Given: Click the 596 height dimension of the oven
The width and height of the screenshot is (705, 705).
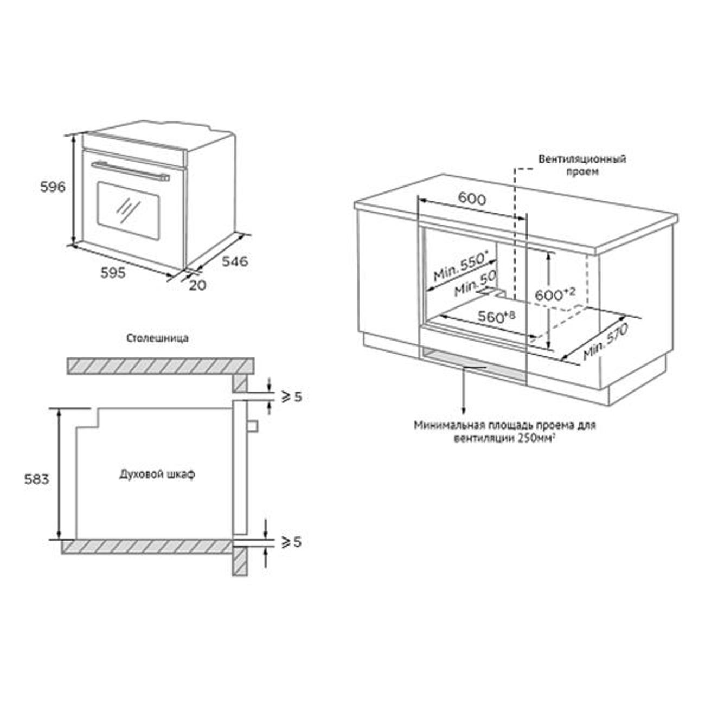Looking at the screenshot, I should click(x=53, y=187).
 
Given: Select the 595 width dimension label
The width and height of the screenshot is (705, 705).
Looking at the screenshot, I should click(x=113, y=273).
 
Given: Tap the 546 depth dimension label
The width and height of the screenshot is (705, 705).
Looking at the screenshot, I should click(x=234, y=261).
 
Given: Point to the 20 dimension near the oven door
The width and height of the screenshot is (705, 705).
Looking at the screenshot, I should click(x=197, y=285).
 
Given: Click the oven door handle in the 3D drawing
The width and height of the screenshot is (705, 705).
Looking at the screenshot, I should click(x=130, y=170).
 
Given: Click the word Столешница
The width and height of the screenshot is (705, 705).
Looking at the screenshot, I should click(x=157, y=338).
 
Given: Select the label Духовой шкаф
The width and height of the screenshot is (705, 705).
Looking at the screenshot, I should click(x=157, y=474).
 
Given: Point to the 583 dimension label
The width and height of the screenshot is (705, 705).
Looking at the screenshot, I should click(x=36, y=479).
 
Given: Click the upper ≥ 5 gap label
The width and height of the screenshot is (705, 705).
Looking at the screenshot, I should click(x=291, y=397).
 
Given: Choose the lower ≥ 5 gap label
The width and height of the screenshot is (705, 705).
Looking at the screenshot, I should click(x=291, y=542).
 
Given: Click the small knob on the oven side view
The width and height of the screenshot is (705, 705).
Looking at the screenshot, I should click(x=253, y=426).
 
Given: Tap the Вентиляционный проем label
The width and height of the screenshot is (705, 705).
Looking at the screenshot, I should click(x=582, y=165).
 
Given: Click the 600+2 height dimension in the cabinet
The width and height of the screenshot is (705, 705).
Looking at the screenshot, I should click(x=554, y=294).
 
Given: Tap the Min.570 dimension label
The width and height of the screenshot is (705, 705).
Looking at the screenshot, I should click(x=605, y=342).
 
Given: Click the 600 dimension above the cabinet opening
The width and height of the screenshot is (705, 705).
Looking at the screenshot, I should click(x=472, y=198).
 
